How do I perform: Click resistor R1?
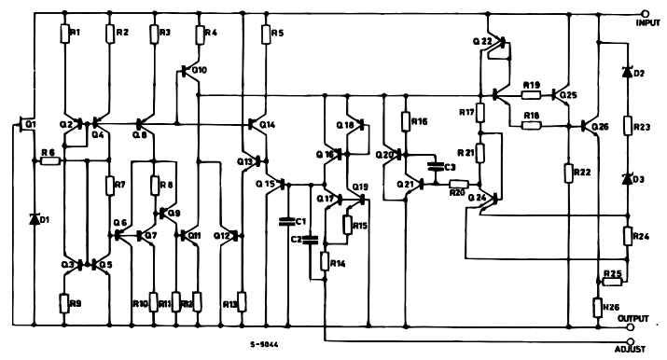66,34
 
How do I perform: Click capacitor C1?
288,221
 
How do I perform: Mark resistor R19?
532,94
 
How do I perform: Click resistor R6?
50,160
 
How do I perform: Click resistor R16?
406,122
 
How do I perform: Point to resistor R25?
611,281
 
